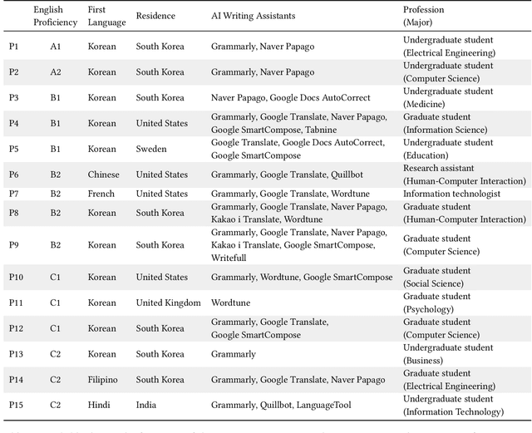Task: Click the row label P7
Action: (x=14, y=194)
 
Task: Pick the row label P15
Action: (x=17, y=405)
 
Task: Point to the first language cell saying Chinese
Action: (x=104, y=175)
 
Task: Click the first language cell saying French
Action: (x=102, y=194)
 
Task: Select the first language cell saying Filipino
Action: (x=105, y=380)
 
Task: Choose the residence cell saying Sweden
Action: (x=151, y=150)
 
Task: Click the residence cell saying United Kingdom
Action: (x=168, y=303)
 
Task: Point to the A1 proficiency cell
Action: (x=55, y=47)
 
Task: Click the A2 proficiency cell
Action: (x=55, y=72)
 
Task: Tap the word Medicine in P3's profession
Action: (x=426, y=104)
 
